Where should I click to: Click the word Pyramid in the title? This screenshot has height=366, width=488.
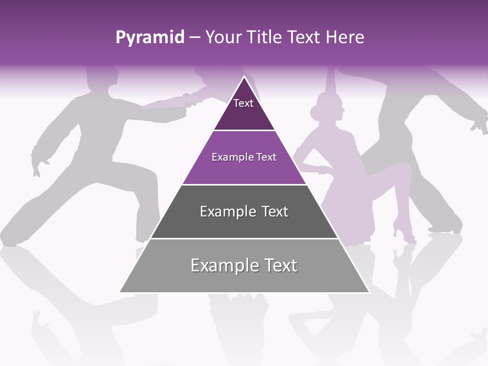click(x=149, y=38)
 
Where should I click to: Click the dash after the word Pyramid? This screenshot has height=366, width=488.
click(x=195, y=38)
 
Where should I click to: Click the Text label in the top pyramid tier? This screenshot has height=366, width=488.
click(x=243, y=103)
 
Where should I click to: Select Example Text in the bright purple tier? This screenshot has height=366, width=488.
click(x=244, y=157)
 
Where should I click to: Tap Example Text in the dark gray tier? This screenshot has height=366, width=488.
click(x=244, y=211)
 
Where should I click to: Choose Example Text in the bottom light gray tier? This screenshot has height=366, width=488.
click(x=244, y=265)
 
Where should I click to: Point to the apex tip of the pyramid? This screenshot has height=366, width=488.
click(x=245, y=77)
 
